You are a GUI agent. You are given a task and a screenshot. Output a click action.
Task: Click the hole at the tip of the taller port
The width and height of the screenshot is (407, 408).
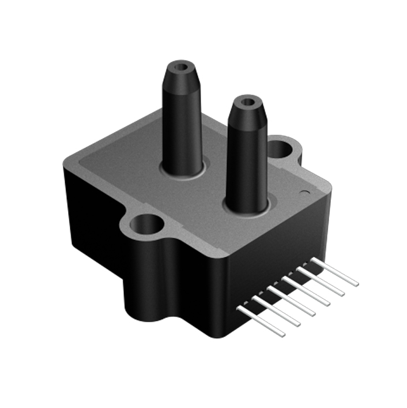[x=183, y=66]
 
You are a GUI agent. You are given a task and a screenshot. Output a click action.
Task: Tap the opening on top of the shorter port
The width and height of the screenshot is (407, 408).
[x=247, y=103]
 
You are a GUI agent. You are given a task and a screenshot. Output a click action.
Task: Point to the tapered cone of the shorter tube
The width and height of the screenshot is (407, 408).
[x=247, y=115]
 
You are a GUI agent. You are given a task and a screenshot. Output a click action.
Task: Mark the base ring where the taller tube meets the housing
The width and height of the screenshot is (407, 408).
[x=183, y=169]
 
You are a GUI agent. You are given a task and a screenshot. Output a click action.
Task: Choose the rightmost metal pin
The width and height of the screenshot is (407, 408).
[x=334, y=272]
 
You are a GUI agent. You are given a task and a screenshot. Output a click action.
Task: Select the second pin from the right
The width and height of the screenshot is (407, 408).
[x=321, y=282]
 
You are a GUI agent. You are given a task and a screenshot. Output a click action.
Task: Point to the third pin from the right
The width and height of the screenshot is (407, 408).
[x=306, y=291]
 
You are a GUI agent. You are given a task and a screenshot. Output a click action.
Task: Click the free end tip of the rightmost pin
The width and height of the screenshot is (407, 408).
[x=356, y=283]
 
